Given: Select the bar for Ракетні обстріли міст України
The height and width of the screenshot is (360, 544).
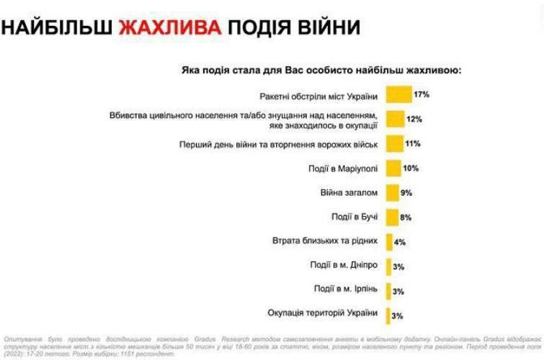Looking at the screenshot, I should [398, 95].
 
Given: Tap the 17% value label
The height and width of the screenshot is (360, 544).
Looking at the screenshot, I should [422, 95].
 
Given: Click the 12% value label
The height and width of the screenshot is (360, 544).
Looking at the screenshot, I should [414, 120].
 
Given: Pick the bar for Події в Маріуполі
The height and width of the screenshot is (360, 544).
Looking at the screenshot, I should [393, 168].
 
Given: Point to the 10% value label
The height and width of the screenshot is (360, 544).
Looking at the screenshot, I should [411, 168].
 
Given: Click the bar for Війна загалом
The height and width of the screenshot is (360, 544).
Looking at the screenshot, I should [393, 193].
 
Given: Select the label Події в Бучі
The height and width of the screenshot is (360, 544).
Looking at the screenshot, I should [354, 217].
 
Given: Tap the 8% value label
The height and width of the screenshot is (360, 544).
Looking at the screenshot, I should [406, 217].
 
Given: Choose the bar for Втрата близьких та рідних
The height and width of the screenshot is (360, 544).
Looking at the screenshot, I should [389, 241].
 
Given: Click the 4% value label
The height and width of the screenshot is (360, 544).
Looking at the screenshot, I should [400, 242].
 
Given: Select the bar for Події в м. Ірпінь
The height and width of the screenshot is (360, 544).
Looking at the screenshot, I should [388, 289].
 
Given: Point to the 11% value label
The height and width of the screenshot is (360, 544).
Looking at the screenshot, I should [413, 144].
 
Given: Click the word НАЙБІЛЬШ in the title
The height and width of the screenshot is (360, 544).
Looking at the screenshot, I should [56, 28].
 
